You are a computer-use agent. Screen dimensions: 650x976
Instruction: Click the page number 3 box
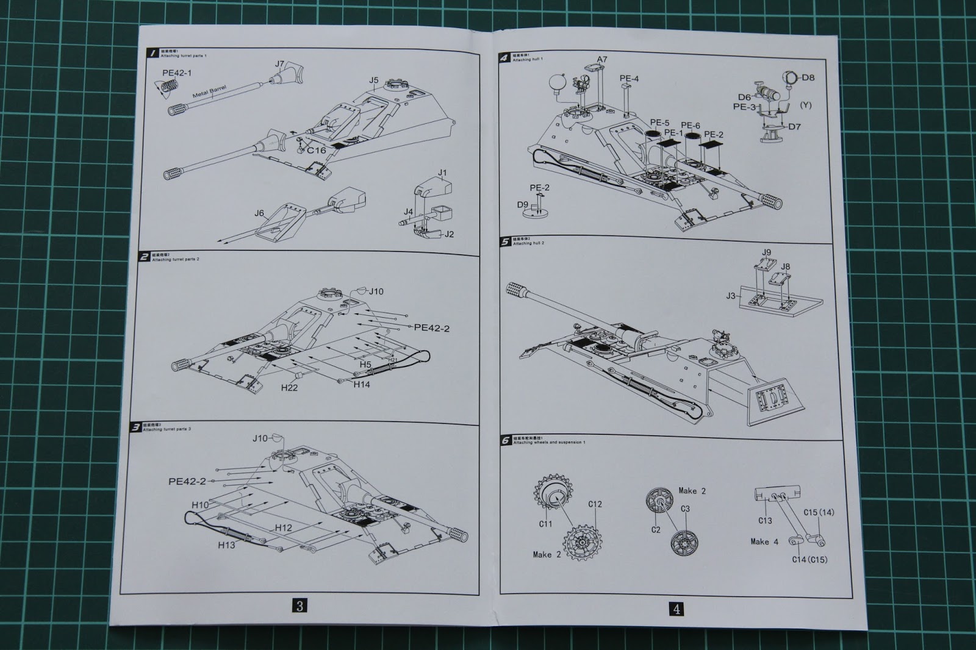tap(299, 605)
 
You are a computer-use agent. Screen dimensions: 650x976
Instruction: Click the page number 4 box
tap(676, 608)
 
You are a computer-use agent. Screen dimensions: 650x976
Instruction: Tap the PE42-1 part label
tap(177, 73)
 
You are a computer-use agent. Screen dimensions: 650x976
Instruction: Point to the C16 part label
tap(316, 150)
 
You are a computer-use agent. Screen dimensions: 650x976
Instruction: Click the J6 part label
tap(259, 213)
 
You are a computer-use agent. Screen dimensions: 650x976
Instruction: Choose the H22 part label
tap(289, 387)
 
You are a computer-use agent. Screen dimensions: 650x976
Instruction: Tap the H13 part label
tap(226, 545)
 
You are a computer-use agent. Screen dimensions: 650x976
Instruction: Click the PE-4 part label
tap(629, 79)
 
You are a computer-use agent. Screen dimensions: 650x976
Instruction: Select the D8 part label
tap(808, 77)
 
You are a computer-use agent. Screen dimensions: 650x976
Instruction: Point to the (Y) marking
tap(806, 105)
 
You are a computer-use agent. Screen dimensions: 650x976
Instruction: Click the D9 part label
tap(523, 205)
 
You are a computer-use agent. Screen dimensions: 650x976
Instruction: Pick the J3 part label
tap(731, 296)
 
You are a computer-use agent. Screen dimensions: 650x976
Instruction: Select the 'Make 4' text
tap(764, 541)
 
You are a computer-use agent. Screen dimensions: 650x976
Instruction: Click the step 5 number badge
tap(504, 241)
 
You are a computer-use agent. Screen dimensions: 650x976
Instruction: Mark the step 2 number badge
tap(144, 257)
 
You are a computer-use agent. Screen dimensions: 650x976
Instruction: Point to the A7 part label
tap(602, 59)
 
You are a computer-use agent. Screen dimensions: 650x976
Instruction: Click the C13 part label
tap(765, 520)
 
